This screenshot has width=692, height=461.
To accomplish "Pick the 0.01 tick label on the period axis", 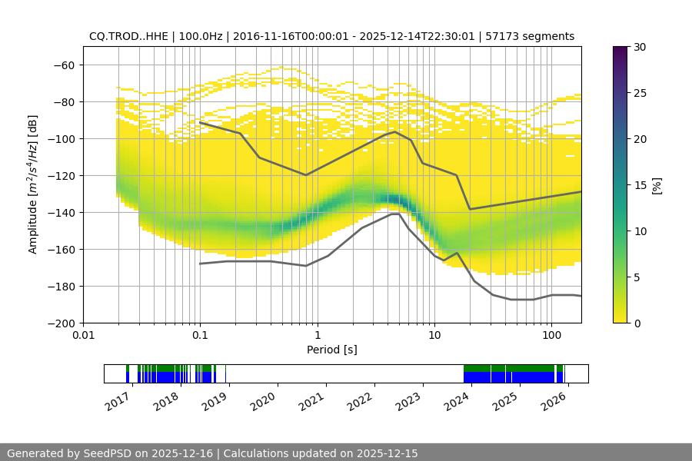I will click(x=83, y=335).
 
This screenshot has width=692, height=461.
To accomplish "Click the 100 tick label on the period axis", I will click(x=551, y=335).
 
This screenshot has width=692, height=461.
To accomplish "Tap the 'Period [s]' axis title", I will click(x=332, y=350).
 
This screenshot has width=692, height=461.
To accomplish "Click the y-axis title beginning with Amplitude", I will click(x=33, y=184).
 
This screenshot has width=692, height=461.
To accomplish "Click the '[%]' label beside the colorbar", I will click(x=657, y=185).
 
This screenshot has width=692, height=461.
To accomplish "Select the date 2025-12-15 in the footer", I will click(x=381, y=453).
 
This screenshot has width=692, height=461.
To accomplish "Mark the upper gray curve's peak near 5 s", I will click(x=395, y=131).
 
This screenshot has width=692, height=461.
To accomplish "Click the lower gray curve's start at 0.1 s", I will click(x=200, y=264).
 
